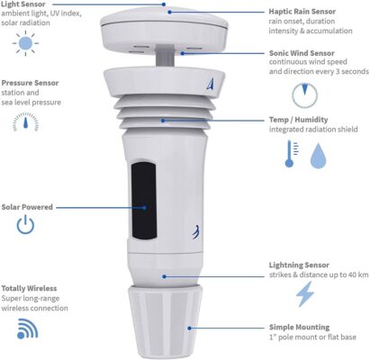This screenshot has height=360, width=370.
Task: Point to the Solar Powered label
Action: tap(28, 207)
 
